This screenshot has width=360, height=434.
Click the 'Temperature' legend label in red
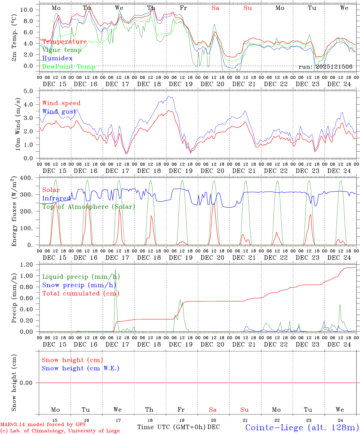[65, 42]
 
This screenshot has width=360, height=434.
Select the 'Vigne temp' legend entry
[62, 50]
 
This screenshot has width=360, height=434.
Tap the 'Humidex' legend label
[57, 58]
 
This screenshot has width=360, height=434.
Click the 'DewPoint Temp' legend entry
[69, 67]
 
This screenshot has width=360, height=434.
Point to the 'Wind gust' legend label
[59, 112]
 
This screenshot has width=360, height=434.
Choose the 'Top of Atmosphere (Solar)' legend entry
[88, 207]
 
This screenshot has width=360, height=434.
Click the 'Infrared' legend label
[56, 198]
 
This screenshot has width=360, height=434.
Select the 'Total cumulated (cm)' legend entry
[81, 293]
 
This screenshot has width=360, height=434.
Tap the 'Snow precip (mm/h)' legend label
[79, 285]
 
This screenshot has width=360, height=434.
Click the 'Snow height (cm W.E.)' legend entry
[81, 368]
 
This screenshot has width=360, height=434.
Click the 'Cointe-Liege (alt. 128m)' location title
[302, 427]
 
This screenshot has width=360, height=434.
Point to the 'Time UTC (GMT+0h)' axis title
[172, 427]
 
